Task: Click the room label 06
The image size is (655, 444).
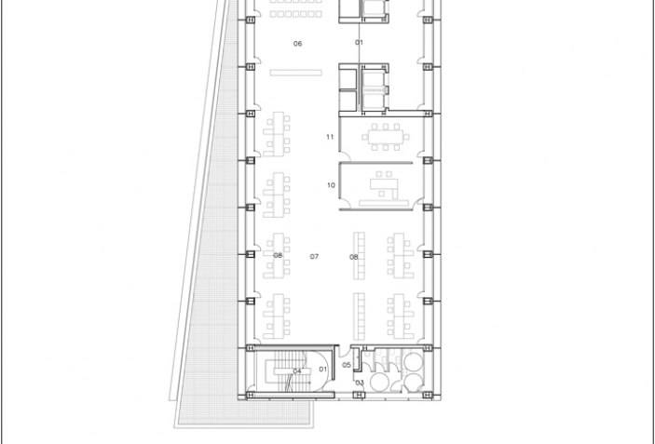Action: coord(298,44)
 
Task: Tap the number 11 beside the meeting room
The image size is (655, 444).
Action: coord(330,137)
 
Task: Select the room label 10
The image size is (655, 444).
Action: coord(331,185)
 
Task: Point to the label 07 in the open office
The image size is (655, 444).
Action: coord(315,256)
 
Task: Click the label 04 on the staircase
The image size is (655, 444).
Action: coord(297,370)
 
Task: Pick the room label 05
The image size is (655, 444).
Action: coord(347,365)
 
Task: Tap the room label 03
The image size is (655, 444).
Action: coord(359,383)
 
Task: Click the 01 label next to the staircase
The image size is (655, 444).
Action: coord(323,369)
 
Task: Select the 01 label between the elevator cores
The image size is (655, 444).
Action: coord(359,43)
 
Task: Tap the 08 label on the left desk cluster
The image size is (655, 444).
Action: coord(278,255)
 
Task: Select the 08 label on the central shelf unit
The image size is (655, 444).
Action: coord(354,257)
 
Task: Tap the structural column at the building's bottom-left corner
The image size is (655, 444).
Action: coord(250,395)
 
